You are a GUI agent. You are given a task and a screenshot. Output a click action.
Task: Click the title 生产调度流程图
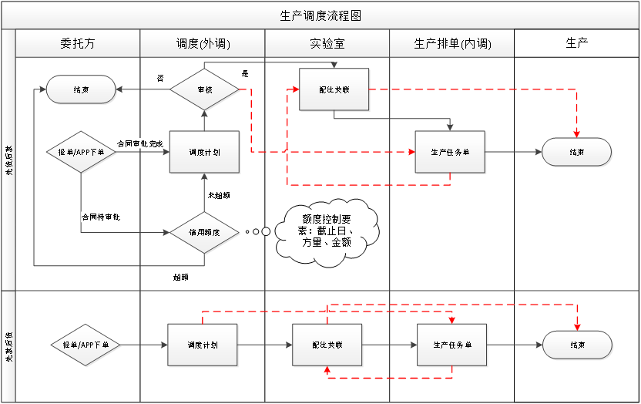[x=320, y=15]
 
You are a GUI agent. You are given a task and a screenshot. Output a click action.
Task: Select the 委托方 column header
[x=77, y=44]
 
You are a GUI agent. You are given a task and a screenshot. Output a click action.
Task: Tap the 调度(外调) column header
[x=202, y=44]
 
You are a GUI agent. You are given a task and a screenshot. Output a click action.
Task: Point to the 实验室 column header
[x=327, y=44]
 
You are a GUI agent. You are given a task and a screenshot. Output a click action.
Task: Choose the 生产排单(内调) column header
[x=452, y=44]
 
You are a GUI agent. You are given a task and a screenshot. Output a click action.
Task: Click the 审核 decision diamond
[x=204, y=89]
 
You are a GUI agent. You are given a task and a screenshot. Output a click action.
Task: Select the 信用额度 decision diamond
[x=204, y=231]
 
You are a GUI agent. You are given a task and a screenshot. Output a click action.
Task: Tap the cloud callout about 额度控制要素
[x=327, y=231]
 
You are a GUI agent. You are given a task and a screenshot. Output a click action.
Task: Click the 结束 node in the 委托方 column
[x=81, y=89]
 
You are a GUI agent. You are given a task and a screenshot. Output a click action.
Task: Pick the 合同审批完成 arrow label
[x=140, y=143]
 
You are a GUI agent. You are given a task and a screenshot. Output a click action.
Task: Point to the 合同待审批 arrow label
[x=101, y=217]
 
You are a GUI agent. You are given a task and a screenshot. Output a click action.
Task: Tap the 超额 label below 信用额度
[x=180, y=275]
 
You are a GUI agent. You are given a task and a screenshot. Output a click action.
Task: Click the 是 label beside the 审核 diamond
[x=245, y=74]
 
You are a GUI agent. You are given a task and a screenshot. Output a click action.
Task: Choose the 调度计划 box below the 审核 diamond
[x=204, y=153]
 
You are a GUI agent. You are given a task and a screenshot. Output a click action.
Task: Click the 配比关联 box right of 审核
[x=334, y=90]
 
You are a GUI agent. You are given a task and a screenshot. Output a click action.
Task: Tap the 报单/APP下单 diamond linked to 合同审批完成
[x=81, y=153]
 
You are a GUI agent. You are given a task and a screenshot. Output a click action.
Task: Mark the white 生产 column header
[x=577, y=43]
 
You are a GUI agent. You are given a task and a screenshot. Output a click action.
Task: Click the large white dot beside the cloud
[x=266, y=231]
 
